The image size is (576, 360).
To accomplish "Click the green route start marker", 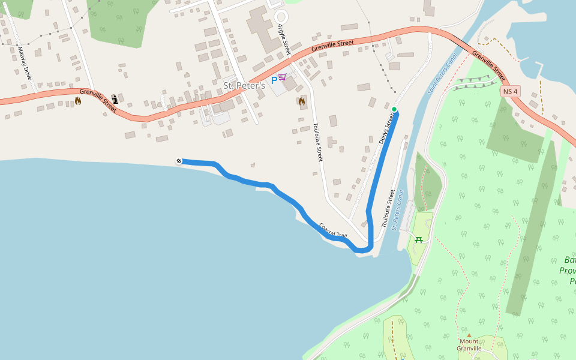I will (x=394, y=109).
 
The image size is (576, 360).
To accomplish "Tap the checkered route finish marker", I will (x=179, y=161).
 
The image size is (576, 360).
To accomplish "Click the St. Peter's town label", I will (x=244, y=86).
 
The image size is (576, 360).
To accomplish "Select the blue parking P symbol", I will (x=274, y=79).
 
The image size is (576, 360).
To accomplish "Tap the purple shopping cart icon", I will (x=282, y=77).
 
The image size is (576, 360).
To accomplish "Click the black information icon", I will (x=115, y=99).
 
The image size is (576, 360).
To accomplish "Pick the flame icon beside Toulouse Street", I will (x=302, y=101).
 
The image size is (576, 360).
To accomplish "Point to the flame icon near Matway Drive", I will (x=77, y=101).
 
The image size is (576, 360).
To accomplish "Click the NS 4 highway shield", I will (x=510, y=91).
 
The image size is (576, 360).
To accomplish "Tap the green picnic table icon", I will (x=419, y=240).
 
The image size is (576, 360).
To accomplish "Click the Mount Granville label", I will (x=469, y=345).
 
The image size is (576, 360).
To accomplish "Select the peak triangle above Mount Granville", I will (x=469, y=335).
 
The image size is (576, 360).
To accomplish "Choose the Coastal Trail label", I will (x=333, y=231).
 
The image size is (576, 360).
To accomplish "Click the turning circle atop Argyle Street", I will (x=281, y=16).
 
